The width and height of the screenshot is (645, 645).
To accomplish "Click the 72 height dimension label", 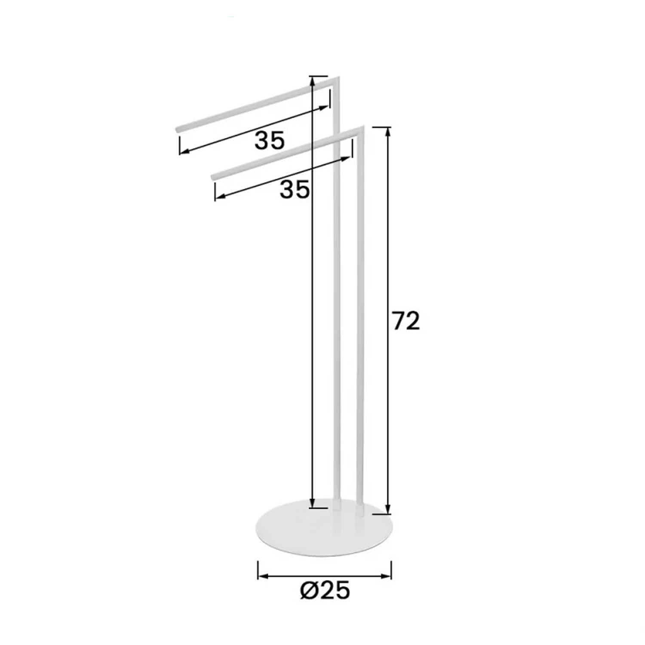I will click(406, 321).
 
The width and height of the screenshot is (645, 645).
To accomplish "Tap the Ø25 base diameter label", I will click(325, 591).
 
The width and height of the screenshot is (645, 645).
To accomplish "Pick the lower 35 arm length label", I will click(295, 189).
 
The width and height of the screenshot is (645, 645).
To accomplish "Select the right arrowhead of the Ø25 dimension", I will click(387, 576).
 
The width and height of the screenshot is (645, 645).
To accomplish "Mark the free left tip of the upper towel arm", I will click(177, 129).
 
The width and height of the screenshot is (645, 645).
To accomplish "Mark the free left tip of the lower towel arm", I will click(213, 176).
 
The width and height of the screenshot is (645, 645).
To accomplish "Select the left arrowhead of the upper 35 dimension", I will click(184, 151).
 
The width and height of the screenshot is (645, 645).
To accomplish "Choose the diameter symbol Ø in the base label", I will click(309, 591).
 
